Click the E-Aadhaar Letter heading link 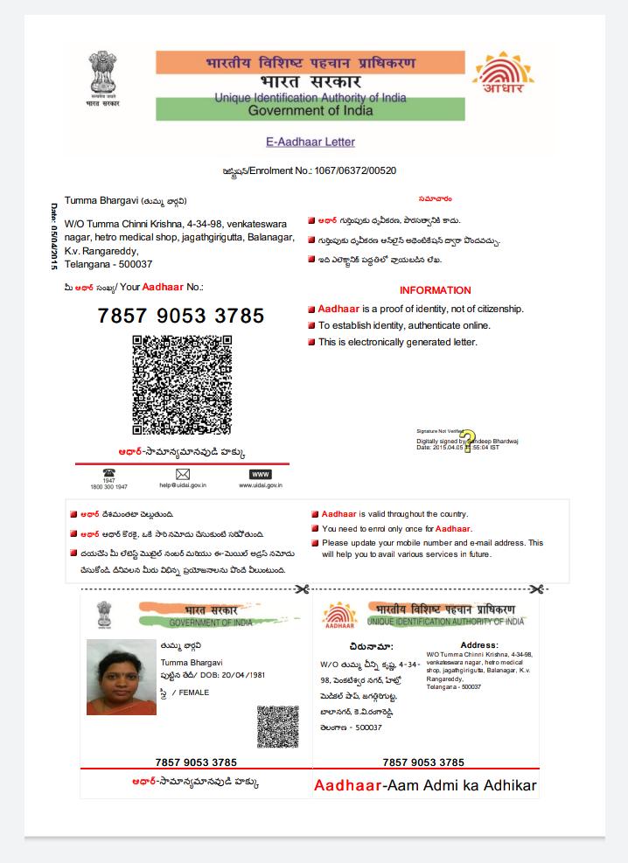click(x=311, y=142)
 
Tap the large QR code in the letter click(x=182, y=385)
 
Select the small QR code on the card click(x=277, y=727)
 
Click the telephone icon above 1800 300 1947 click(x=108, y=473)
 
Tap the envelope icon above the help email click(x=182, y=474)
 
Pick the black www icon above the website click(x=261, y=474)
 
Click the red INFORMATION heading click(x=435, y=290)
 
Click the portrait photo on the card click(x=122, y=677)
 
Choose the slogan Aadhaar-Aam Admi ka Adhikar click(x=425, y=785)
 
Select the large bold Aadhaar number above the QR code click(x=181, y=316)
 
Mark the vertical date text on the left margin click(x=53, y=236)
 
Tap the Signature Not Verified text click(x=438, y=431)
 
